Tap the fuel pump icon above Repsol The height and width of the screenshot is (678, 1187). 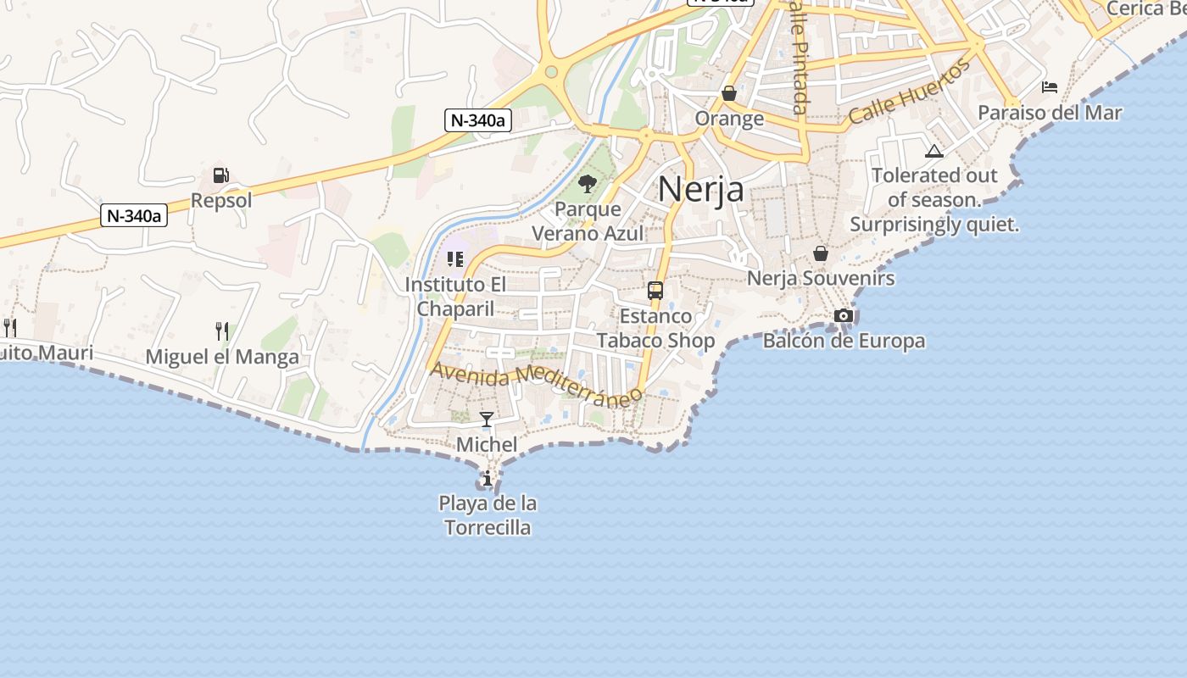click(x=220, y=175)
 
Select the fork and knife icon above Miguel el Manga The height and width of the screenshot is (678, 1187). click(x=222, y=331)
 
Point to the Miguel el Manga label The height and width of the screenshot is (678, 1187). click(x=222, y=357)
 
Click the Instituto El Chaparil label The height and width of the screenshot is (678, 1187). click(x=455, y=297)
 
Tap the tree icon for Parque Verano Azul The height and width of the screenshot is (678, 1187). click(x=587, y=183)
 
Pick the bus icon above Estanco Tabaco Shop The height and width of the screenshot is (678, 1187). click(x=655, y=291)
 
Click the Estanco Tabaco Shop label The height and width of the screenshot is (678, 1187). click(x=655, y=328)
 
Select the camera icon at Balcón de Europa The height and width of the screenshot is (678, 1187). click(x=844, y=316)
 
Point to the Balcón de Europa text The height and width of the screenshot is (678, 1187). click(x=844, y=341)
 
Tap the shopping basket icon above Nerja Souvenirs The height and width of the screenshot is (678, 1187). click(x=820, y=253)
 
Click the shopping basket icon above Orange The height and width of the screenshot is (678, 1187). click(x=729, y=93)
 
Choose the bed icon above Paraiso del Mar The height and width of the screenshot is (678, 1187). click(x=1050, y=87)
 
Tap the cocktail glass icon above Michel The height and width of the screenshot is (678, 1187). click(x=487, y=420)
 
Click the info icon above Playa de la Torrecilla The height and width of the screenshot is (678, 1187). click(x=487, y=479)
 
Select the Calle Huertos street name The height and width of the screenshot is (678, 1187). click(x=909, y=93)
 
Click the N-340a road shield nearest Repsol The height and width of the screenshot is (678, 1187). click(x=134, y=215)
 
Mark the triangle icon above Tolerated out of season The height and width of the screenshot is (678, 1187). click(x=934, y=152)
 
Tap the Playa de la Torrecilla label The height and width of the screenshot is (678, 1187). click(x=488, y=515)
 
